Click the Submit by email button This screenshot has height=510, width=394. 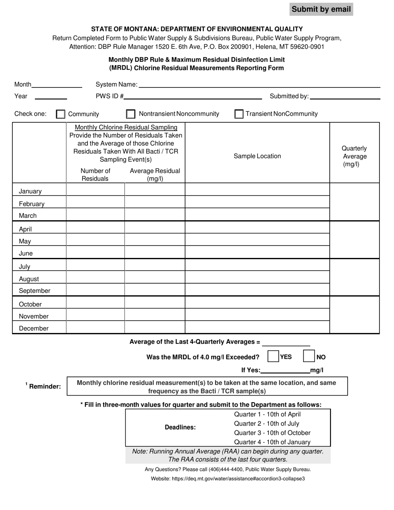click(321, 9)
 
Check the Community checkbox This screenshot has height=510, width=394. click(61, 114)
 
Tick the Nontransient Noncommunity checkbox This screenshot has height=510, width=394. click(131, 114)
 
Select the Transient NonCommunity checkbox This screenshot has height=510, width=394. click(239, 114)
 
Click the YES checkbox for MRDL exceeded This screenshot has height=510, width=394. click(273, 357)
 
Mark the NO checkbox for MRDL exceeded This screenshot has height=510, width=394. click(309, 357)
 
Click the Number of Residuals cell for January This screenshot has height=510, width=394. click(95, 190)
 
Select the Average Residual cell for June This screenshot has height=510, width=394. click(155, 253)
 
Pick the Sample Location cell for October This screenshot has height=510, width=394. click(257, 303)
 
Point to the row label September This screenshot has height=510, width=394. click(34, 291)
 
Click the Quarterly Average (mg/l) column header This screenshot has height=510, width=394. click(354, 156)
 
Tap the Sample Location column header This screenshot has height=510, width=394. click(257, 156)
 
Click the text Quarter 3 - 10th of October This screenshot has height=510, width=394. click(272, 433)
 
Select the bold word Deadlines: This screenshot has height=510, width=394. click(180, 427)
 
